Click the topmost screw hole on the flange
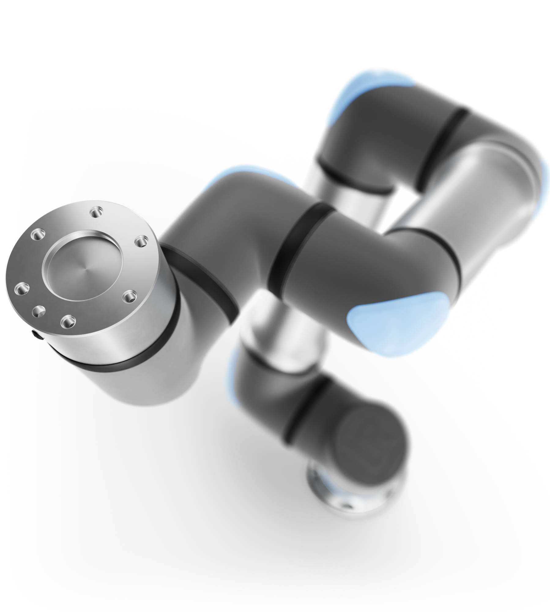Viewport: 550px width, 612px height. [95, 211]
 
